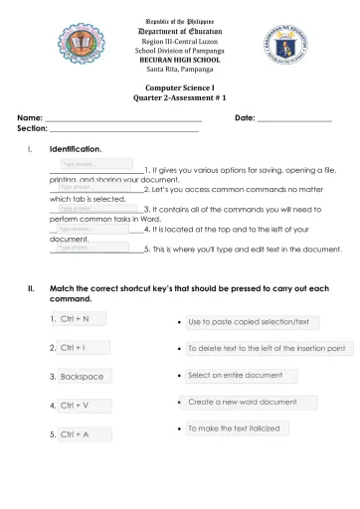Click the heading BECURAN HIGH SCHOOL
click(x=180, y=61)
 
